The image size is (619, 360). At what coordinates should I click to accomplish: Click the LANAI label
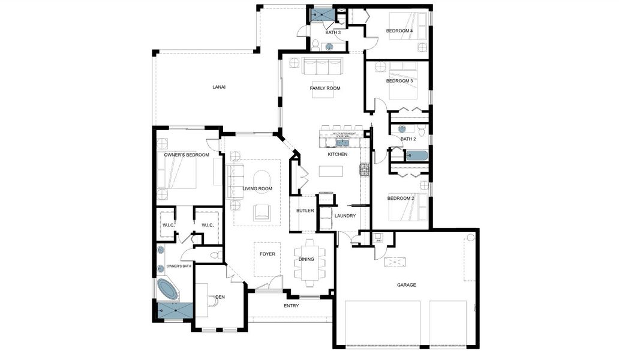[219, 87]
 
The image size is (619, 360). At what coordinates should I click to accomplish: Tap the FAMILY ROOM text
[324, 88]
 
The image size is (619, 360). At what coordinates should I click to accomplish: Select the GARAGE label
[406, 285]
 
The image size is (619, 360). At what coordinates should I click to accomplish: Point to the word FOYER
[267, 254]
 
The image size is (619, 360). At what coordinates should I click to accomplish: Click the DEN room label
[220, 296]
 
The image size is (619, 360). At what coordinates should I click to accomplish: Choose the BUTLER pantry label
[305, 211]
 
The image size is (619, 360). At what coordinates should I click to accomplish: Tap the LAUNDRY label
[345, 216]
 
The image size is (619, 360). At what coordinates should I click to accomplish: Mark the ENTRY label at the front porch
[291, 306]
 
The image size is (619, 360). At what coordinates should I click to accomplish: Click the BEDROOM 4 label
[399, 31]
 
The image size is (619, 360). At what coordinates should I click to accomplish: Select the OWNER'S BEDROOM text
[187, 155]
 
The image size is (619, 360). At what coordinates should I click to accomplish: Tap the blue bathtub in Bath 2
[416, 156]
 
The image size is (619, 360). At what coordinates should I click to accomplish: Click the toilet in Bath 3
[315, 43]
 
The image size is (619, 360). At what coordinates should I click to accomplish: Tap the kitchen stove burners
[364, 169]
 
